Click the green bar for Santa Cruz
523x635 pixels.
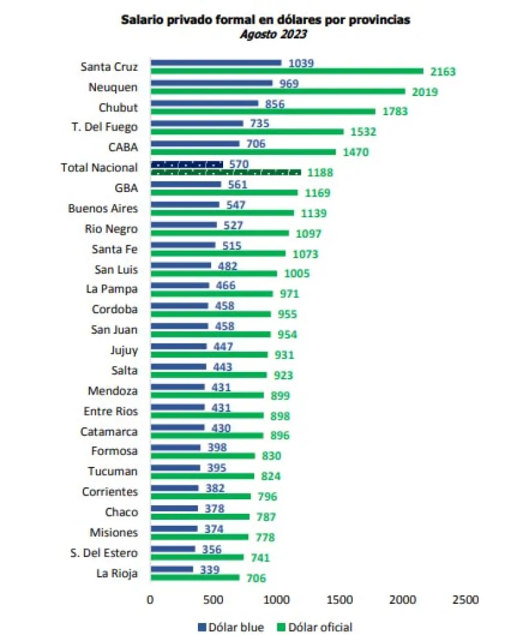point(287,71)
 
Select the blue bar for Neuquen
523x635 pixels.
point(211,83)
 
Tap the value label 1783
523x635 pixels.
point(395,111)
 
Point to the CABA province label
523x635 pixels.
point(124,147)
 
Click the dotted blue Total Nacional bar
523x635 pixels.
point(187,164)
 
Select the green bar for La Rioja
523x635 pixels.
point(195,577)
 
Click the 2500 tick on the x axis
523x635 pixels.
point(465,599)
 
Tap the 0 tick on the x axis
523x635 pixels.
point(150,599)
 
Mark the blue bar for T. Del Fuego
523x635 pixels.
point(197,124)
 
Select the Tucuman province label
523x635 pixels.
point(113,471)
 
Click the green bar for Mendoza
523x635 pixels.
point(207,395)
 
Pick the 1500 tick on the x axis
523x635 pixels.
point(340,599)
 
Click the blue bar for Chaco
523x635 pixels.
point(173,509)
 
